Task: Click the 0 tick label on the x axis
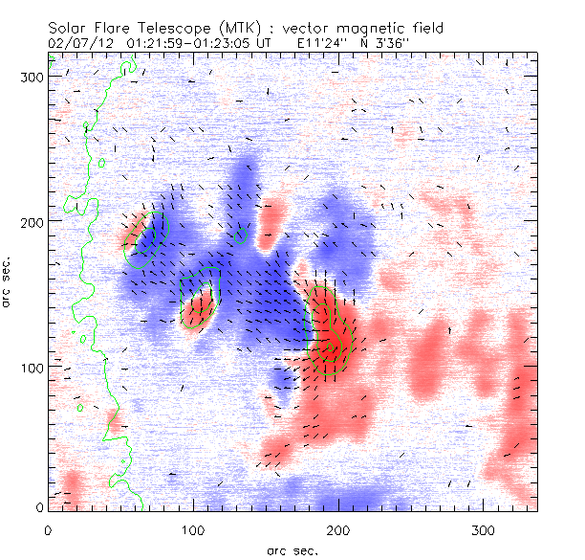pos(48,528)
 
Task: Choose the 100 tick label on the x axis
pos(194,528)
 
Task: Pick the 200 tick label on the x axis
pos(339,528)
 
